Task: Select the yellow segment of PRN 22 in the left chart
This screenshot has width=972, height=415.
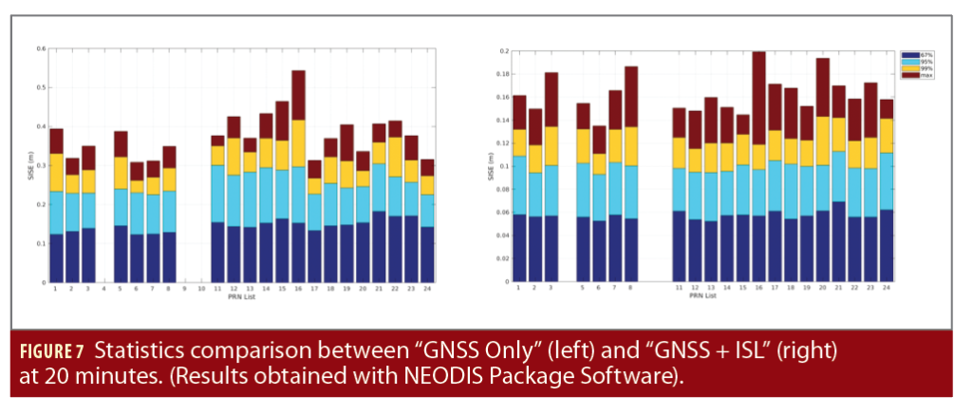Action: (x=395, y=156)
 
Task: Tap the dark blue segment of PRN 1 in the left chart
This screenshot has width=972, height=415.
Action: (x=56, y=258)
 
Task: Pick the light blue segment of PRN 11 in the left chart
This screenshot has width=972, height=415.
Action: (x=217, y=194)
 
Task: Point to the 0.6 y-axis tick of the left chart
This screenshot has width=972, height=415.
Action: (x=41, y=48)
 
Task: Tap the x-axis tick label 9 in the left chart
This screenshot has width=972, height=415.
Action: (x=185, y=288)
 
